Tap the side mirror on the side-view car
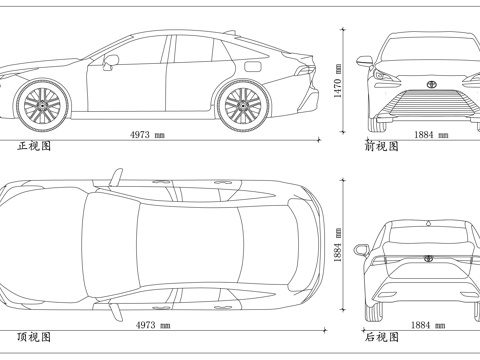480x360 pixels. [x=111, y=60]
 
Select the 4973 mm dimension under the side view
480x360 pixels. [x=147, y=134]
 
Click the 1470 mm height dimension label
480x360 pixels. [x=338, y=80]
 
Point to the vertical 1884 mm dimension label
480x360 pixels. [x=338, y=243]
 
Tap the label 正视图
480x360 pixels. [x=34, y=146]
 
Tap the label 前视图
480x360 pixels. [x=381, y=146]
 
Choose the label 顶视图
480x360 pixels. [x=34, y=337]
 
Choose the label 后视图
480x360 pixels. [x=381, y=337]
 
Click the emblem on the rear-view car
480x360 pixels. [x=428, y=258]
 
